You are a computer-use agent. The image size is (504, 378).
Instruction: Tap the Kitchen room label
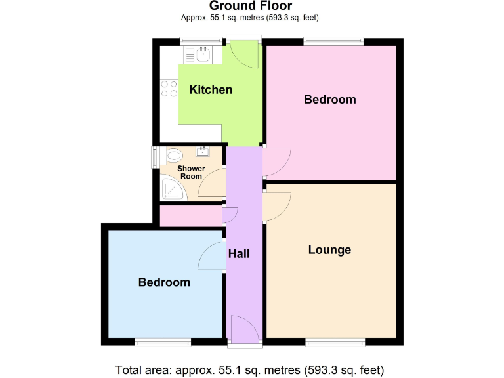pyautogui.click(x=211, y=89)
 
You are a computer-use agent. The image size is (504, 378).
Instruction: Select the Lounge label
pyautogui.click(x=329, y=250)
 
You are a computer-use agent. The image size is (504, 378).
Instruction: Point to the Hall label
pyautogui.click(x=239, y=253)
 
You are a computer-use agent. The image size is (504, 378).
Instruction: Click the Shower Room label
pyautogui.click(x=192, y=173)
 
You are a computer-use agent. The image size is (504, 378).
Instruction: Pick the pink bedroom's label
pyautogui.click(x=329, y=100)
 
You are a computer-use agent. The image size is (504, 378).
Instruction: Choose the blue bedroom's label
pyautogui.click(x=164, y=282)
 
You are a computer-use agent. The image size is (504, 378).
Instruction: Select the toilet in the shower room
pyautogui.click(x=173, y=156)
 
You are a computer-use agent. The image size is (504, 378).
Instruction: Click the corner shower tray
pyautogui.click(x=172, y=189)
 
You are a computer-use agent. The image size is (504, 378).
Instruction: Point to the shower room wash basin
pyautogui.click(x=203, y=152)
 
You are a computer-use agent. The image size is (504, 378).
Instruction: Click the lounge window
pyautogui.click(x=335, y=341)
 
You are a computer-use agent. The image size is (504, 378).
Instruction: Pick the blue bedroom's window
pyautogui.click(x=163, y=341)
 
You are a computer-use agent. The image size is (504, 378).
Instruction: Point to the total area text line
pyautogui.click(x=249, y=368)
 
